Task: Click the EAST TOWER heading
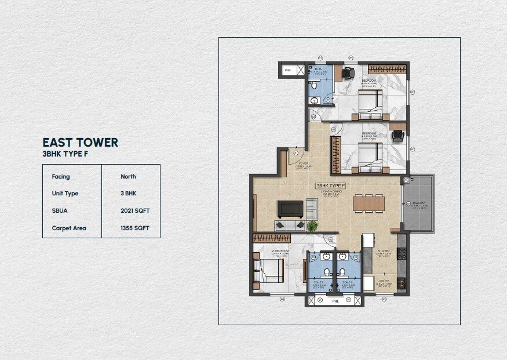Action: point(80,143)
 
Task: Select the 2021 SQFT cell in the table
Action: point(135,211)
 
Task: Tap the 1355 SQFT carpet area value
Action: point(135,228)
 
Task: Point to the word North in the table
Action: point(128,176)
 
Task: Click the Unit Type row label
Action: point(65,194)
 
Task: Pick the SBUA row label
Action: point(60,211)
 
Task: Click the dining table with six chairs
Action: point(369,203)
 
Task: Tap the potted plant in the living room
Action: point(313,226)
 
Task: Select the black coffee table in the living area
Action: point(290,208)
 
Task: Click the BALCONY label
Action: point(420,205)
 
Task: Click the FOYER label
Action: point(302,164)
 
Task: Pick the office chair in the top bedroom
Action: point(348,73)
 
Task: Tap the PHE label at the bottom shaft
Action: point(334,301)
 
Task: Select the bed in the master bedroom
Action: point(267,270)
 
